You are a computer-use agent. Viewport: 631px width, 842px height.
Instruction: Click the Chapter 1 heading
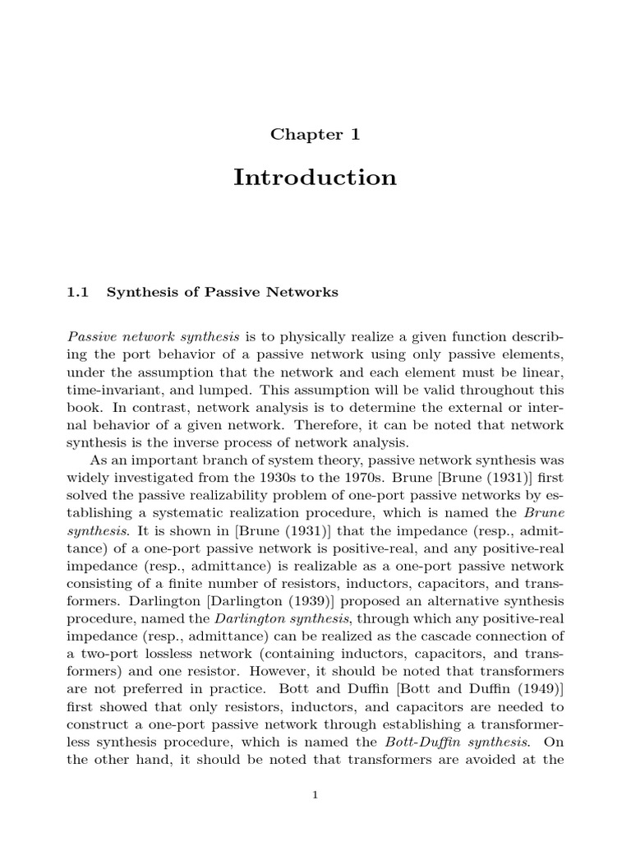pos(315,135)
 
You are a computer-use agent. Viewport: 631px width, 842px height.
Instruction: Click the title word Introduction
pos(315,178)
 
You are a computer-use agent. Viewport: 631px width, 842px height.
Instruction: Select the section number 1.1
pos(77,292)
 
